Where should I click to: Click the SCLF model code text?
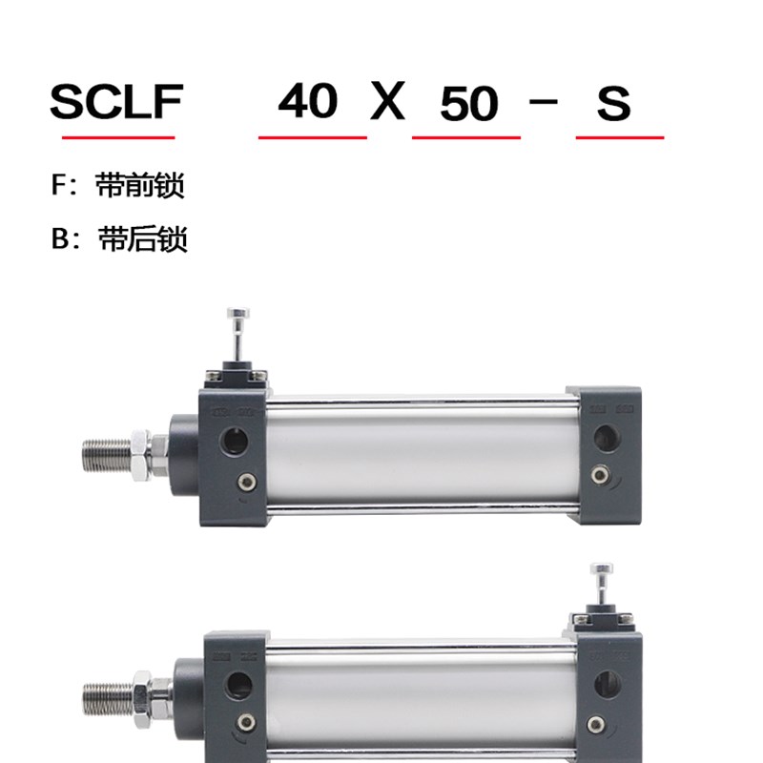115,101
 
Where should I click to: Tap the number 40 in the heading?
308,101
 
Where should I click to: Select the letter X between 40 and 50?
387,101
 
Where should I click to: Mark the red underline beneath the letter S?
620,137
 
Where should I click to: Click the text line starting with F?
117,186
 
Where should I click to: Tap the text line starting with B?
119,238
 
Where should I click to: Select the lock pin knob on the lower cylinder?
602,572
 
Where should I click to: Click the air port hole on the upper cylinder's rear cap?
604,438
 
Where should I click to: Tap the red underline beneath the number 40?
313,137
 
